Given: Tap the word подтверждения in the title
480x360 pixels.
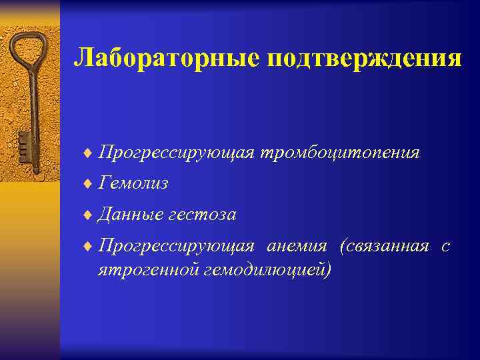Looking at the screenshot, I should (364, 58).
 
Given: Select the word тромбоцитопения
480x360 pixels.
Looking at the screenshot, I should (340, 153).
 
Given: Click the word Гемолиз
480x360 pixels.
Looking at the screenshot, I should (133, 183).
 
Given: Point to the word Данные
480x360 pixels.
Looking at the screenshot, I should (130, 215).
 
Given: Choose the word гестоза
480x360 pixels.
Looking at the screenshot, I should (203, 215).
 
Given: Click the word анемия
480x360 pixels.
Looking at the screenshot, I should (297, 246).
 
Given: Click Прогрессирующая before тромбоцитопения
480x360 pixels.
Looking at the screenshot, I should (176, 153).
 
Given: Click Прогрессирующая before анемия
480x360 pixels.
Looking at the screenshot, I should (176, 246).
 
